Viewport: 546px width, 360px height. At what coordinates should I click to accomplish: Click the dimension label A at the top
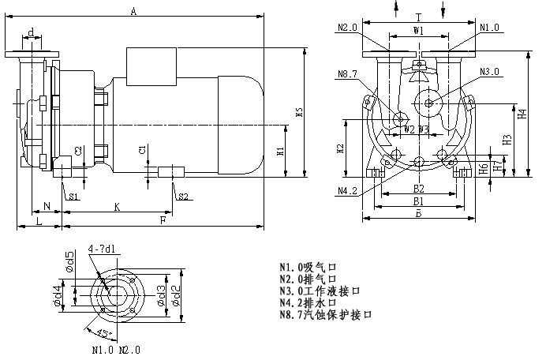134,11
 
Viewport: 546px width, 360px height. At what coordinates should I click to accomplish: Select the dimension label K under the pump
117,207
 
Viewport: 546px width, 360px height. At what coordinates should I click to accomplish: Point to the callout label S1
73,196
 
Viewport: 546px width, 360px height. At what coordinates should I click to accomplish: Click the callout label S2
182,196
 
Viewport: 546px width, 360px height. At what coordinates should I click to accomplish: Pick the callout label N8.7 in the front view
348,75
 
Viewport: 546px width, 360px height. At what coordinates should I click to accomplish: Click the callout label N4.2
348,191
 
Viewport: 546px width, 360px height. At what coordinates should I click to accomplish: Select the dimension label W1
419,31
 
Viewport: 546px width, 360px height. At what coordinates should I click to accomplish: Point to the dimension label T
418,17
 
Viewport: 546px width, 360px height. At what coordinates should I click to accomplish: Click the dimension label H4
522,114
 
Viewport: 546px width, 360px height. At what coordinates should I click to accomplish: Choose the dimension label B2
419,189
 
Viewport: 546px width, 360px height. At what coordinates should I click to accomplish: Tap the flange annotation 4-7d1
102,249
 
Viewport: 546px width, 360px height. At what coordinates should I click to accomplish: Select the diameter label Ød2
177,293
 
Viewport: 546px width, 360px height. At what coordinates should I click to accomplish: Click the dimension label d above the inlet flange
31,32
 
